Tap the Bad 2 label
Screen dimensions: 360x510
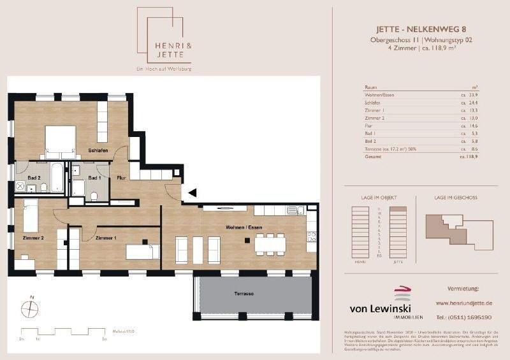(34, 178)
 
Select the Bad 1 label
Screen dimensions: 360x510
(94, 178)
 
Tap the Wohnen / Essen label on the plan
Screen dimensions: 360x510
(244, 227)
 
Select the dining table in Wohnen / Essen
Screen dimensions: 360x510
(270, 243)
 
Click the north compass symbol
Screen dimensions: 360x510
(31, 309)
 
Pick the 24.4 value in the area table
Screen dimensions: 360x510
(473, 102)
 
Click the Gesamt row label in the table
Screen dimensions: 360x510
(372, 155)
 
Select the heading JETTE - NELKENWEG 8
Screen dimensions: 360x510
(421, 29)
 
